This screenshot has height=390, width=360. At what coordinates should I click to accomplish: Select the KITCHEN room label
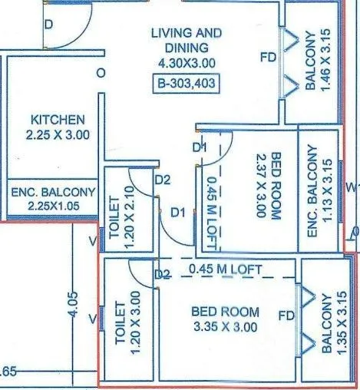coord(58,120)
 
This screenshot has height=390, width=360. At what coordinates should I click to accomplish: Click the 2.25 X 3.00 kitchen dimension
coord(58,134)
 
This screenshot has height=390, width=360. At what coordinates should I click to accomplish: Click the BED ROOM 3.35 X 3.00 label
coord(225,319)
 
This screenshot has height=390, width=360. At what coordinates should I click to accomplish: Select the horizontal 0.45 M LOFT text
coord(226,269)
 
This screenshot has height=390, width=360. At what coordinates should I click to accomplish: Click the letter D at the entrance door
coord(48,25)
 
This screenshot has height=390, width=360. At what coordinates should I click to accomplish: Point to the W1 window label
coord(352,186)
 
